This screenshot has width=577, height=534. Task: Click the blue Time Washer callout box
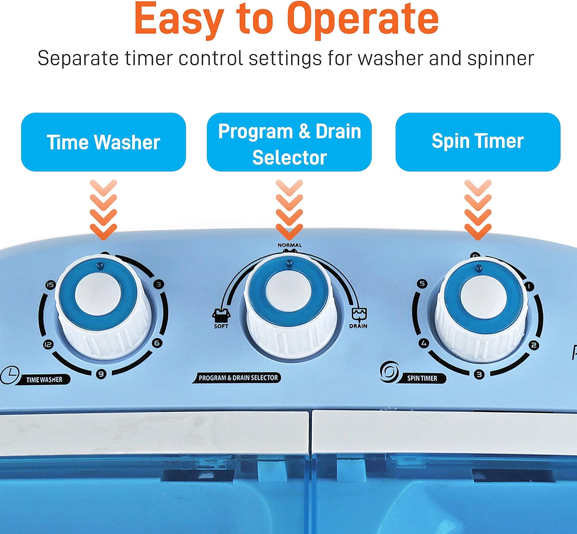(103, 142)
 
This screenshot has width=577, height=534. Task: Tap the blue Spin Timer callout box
(478, 142)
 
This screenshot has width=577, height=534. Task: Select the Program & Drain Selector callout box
(289, 142)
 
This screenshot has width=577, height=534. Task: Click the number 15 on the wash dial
(50, 285)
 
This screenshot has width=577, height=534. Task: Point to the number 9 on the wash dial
(101, 374)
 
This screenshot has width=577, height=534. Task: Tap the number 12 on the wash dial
(48, 345)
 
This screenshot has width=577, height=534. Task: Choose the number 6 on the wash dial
(157, 343)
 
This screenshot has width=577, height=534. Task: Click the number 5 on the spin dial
(422, 284)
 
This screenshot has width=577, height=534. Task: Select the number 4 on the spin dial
(424, 343)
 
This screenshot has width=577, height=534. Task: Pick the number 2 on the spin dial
(534, 345)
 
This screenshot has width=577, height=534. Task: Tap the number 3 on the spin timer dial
(479, 374)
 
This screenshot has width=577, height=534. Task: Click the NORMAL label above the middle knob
(290, 245)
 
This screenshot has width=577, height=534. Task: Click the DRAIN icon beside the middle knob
(359, 315)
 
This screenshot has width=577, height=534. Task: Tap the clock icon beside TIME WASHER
(10, 375)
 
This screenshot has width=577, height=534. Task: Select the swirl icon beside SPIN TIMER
(389, 372)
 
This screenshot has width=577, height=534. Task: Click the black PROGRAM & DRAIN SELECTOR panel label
(237, 378)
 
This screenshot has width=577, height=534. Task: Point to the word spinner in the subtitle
(500, 59)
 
